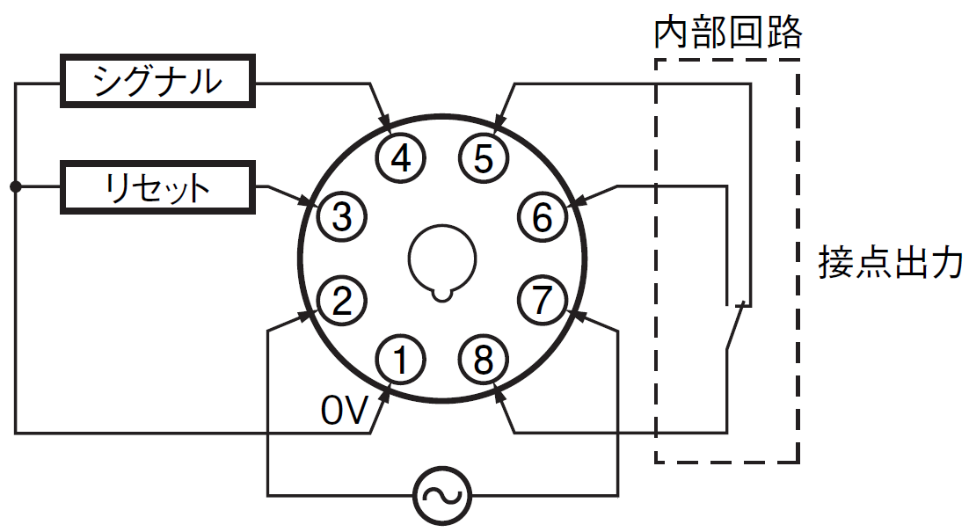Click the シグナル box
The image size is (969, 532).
tap(157, 81)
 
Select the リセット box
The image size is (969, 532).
tap(157, 187)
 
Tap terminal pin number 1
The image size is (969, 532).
tap(401, 360)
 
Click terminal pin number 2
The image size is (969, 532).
tap(342, 301)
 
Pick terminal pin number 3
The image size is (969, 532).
tap(342, 217)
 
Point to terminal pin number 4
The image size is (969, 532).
tap(401, 157)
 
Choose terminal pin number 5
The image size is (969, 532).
tap(484, 157)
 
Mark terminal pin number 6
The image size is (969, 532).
tap(542, 217)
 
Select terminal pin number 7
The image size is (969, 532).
tap(542, 301)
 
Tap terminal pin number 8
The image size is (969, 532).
tap(484, 360)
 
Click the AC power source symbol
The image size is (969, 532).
tap(442, 496)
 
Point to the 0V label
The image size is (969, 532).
tap(344, 411)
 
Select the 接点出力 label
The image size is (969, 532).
tap(891, 263)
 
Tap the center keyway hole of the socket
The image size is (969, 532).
tap(442, 259)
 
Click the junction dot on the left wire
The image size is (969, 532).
tap(16, 186)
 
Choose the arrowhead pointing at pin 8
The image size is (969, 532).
tap(501, 394)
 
